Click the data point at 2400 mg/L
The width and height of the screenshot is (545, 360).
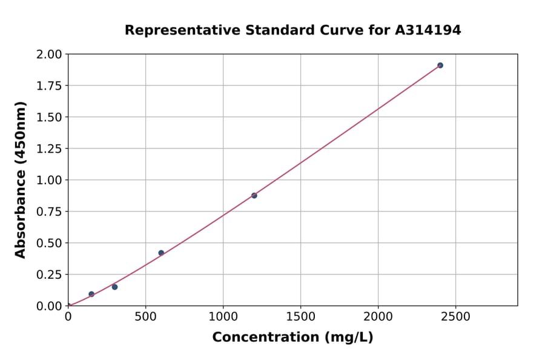tap(440, 65)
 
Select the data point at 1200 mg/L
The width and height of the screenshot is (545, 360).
tap(254, 195)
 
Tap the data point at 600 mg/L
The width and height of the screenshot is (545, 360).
tap(161, 253)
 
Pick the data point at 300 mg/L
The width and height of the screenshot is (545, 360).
tap(114, 287)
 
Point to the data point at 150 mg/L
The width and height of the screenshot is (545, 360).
tap(91, 294)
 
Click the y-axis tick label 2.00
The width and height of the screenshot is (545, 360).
tap(50, 55)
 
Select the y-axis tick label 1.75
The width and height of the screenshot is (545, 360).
tap(50, 86)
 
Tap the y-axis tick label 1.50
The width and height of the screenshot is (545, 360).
tap(50, 118)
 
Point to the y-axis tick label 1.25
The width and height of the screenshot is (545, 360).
tap(50, 149)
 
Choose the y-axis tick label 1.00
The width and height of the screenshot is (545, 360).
tap(50, 181)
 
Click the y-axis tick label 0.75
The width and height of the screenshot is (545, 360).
tap(50, 212)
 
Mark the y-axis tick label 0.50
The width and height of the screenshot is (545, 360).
tap(50, 244)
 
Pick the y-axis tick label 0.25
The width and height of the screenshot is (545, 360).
tap(50, 275)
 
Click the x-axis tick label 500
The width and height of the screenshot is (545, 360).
tap(145, 316)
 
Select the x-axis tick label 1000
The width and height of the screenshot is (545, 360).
tap(223, 316)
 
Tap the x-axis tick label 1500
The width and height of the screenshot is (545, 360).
tap(300, 316)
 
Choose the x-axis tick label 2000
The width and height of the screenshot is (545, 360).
tap(378, 316)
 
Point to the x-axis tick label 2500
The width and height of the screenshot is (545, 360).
tap(456, 316)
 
